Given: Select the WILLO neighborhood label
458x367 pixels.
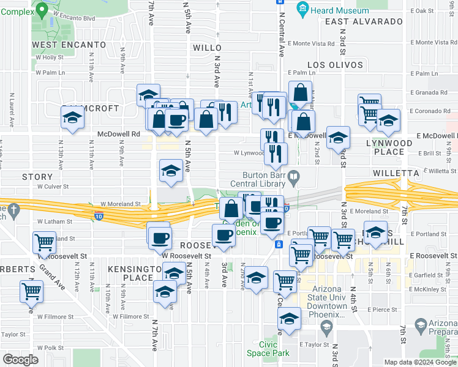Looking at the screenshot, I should pyautogui.click(x=206, y=47).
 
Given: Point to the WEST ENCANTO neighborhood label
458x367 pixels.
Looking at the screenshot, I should pyautogui.click(x=69, y=45).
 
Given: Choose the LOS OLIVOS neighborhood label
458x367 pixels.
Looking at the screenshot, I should pyautogui.click(x=335, y=64).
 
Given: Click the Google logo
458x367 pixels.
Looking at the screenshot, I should pyautogui.click(x=20, y=360).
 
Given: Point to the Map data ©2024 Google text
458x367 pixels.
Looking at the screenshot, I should pyautogui.click(x=420, y=362).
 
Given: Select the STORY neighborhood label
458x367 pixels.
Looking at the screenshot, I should pyautogui.click(x=33, y=177).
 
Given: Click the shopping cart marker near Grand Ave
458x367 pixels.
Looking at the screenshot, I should pyautogui.click(x=32, y=292).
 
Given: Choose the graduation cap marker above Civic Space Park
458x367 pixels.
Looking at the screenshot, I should pyautogui.click(x=290, y=318).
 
